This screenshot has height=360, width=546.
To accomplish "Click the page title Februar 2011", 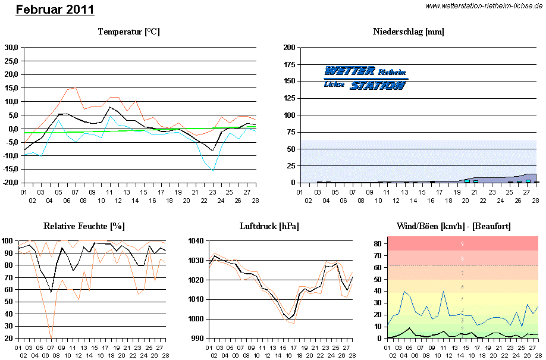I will (x=55, y=10).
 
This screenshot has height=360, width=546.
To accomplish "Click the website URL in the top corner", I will (x=484, y=5).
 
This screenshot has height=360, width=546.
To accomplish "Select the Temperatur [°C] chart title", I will (x=129, y=32).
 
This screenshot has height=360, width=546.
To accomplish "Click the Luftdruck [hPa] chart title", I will (x=269, y=227).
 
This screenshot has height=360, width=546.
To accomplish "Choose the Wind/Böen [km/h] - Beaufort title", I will (x=453, y=227).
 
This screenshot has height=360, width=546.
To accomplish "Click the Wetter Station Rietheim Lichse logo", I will (x=365, y=78).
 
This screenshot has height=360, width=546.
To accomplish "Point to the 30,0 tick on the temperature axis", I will (x=11, y=47).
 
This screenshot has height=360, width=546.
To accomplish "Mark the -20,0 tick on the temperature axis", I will (x=10, y=183).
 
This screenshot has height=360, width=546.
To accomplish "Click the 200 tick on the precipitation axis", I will (x=290, y=47).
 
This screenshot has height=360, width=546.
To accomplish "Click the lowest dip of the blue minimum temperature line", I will (x=214, y=171).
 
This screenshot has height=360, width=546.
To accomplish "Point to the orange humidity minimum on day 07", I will (x=51, y=337).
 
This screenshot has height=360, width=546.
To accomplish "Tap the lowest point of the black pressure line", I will (x=288, y=319).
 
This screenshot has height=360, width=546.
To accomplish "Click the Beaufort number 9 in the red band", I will (x=463, y=244).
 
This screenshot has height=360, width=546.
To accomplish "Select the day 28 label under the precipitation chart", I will (x=535, y=201).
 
